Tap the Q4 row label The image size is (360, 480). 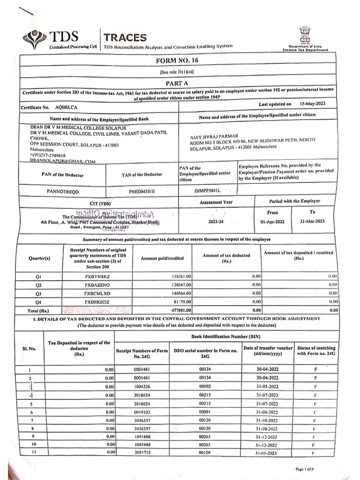(x=38, y=302)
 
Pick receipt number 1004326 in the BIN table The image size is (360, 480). (x=141, y=386)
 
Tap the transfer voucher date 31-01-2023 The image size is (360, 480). (x=267, y=452)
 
